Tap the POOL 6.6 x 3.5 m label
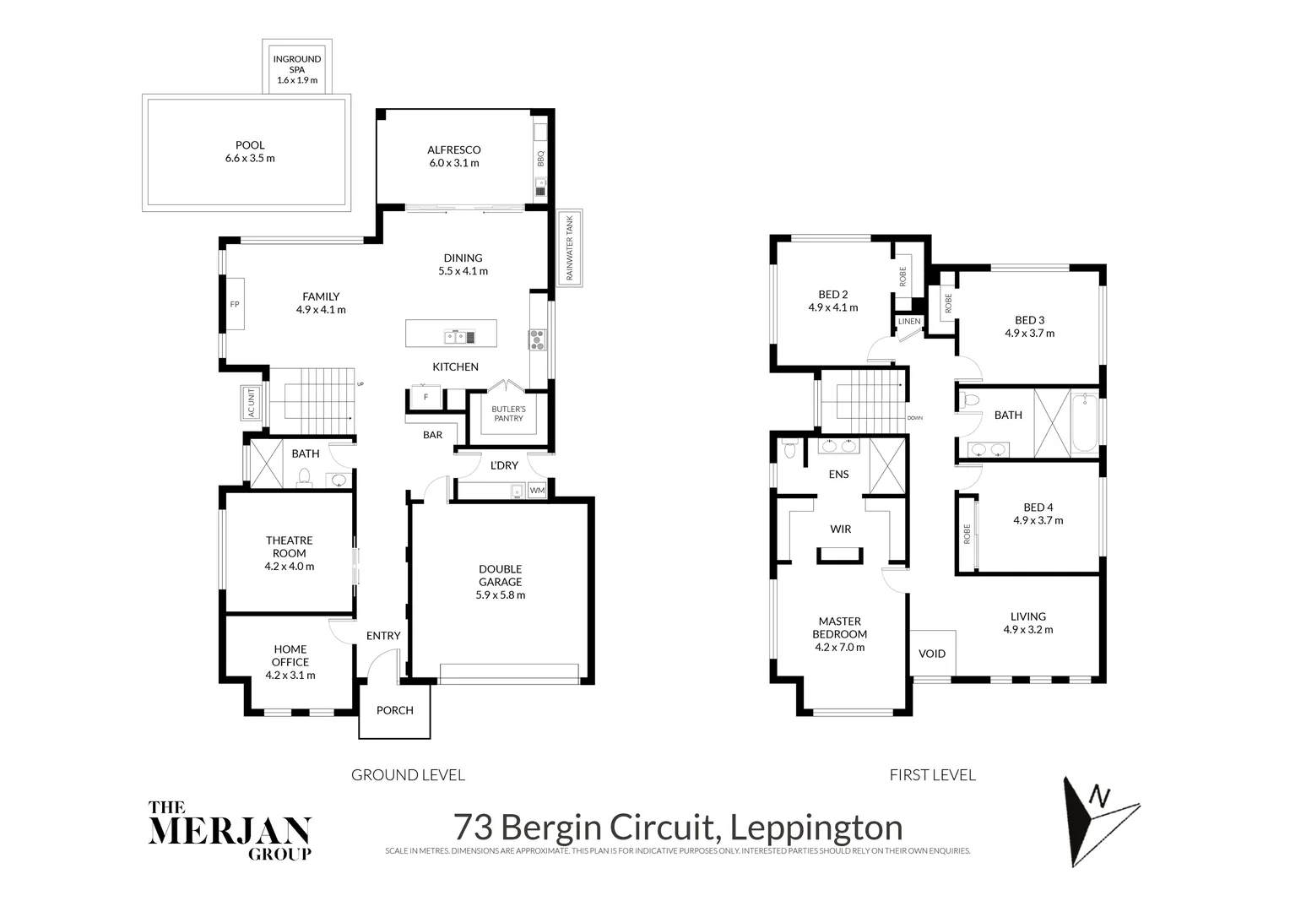click(x=250, y=152)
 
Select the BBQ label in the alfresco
click(x=540, y=158)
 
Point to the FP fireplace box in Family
click(x=234, y=304)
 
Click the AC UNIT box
click(x=250, y=403)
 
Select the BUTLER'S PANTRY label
click(x=508, y=414)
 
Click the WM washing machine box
click(x=537, y=491)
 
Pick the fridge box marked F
click(x=425, y=397)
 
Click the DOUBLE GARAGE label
click(x=500, y=582)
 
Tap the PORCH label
click(x=394, y=710)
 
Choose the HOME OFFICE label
click(x=290, y=662)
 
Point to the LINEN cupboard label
click(x=909, y=322)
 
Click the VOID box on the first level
click(x=932, y=653)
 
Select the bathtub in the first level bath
click(x=1083, y=422)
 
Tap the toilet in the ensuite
click(x=789, y=448)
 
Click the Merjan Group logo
click(x=230, y=830)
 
